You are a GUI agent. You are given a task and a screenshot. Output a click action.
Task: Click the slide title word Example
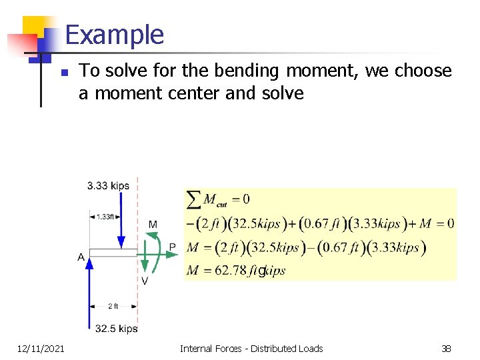(115, 35)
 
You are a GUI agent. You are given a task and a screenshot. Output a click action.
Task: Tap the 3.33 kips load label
(108, 186)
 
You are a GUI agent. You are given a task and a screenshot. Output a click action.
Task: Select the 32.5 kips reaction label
(116, 328)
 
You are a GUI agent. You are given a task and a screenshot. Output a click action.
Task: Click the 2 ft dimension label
(113, 306)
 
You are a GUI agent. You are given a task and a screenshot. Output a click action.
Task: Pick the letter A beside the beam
(81, 257)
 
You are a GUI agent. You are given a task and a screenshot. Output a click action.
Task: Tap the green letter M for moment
(153, 224)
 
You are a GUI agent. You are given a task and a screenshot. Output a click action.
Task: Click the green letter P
(172, 247)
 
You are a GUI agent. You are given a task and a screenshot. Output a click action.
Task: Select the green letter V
(145, 281)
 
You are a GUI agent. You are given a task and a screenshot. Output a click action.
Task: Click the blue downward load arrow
(121, 227)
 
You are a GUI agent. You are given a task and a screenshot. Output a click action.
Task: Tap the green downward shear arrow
(145, 263)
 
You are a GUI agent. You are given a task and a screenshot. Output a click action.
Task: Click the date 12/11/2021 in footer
(41, 348)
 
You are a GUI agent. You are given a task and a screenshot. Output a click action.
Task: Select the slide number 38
(446, 348)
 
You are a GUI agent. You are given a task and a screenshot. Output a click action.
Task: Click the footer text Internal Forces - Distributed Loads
(251, 348)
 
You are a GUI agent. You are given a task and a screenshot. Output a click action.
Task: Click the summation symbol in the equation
(194, 199)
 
